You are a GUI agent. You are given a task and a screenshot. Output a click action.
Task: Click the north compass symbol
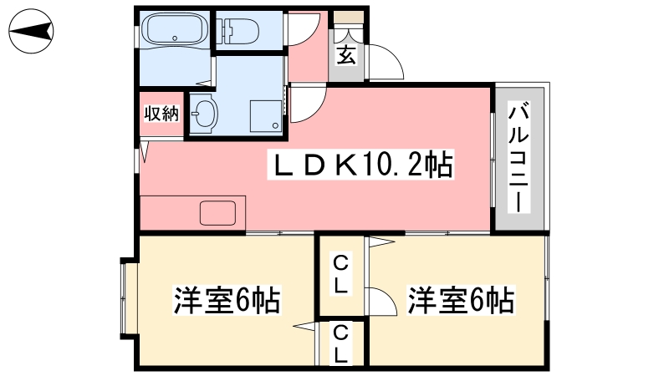point(31,31)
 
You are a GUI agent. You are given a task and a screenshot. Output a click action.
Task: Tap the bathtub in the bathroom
point(175,28)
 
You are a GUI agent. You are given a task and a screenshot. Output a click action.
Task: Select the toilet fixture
point(237,31)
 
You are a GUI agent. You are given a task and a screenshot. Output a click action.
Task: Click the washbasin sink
point(204,114)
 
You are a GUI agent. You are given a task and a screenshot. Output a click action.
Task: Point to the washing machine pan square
point(266,116)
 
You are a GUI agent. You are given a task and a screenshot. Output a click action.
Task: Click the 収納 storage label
point(161,114)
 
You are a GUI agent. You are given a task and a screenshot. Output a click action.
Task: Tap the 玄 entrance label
point(346,54)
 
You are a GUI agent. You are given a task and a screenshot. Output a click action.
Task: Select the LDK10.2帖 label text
point(361,165)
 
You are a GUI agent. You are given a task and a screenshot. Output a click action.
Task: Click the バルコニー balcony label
point(518,157)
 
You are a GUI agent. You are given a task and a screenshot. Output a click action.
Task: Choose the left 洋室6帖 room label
point(227,300)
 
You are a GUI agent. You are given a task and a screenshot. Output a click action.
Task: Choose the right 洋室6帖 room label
point(461,300)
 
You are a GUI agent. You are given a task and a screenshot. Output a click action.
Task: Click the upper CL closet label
point(340,274)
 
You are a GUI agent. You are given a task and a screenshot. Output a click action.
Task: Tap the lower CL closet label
point(340,344)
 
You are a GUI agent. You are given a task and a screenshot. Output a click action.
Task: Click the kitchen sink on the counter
point(217,213)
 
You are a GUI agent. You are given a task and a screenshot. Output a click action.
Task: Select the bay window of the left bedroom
point(127,298)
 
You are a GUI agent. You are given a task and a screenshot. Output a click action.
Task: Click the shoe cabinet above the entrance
point(348,18)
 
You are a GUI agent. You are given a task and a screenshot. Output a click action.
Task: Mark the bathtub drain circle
point(175,38)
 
